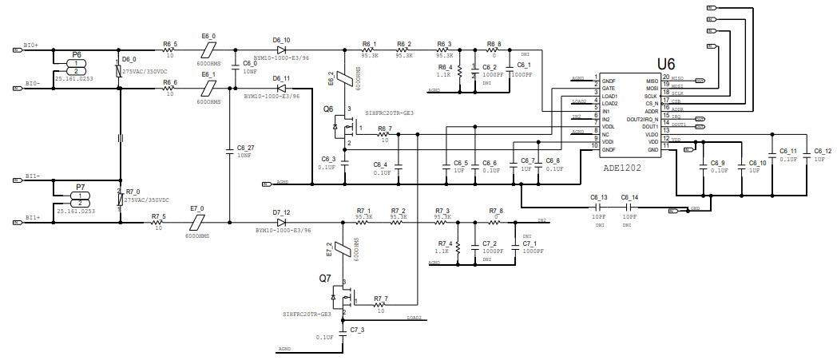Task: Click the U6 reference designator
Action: click(x=666, y=63)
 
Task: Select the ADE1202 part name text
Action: click(x=623, y=168)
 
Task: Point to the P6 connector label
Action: click(x=77, y=54)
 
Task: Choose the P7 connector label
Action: click(x=80, y=187)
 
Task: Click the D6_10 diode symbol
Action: click(x=281, y=49)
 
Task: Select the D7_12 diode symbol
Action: click(x=281, y=222)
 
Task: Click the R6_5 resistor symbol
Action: click(x=169, y=49)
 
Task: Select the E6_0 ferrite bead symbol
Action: click(x=208, y=49)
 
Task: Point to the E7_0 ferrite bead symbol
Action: click(x=197, y=222)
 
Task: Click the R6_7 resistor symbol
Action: click(x=385, y=134)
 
